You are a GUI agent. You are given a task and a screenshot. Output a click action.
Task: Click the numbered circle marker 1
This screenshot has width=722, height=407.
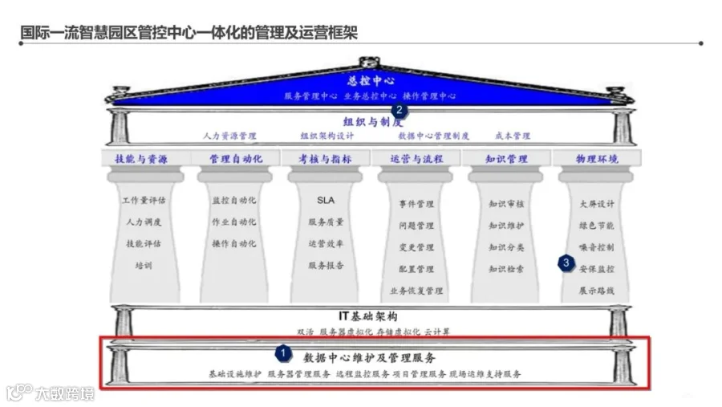coord(282,352)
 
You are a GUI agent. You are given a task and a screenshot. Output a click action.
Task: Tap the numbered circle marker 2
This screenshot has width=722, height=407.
coord(398,111)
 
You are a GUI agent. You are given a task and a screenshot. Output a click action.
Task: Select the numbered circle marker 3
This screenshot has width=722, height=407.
coord(566,262)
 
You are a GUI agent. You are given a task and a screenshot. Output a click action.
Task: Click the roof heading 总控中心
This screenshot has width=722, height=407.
coord(371,81)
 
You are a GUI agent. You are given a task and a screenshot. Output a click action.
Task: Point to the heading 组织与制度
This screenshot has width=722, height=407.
coord(371,122)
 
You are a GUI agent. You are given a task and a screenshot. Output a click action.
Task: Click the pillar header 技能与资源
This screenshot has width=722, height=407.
coord(141,159)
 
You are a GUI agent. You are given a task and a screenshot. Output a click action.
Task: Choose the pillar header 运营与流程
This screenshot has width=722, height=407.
coord(416,159)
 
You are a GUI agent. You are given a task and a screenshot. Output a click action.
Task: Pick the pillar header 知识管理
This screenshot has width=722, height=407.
coord(507,159)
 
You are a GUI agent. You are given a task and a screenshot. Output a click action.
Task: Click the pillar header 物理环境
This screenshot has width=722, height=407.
coord(597,159)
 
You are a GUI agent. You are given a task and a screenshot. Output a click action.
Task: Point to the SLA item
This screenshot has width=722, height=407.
coord(326,200)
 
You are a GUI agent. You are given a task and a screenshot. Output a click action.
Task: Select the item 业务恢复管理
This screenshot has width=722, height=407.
coord(416,291)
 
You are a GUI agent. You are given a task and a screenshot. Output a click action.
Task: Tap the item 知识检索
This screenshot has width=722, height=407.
coord(507,269)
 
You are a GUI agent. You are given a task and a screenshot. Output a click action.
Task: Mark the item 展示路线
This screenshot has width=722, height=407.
coord(597,291)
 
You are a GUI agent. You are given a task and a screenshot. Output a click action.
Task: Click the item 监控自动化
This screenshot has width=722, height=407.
coord(234,200)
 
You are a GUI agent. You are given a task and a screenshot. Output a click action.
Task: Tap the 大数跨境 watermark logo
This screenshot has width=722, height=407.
coord(50,393)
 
